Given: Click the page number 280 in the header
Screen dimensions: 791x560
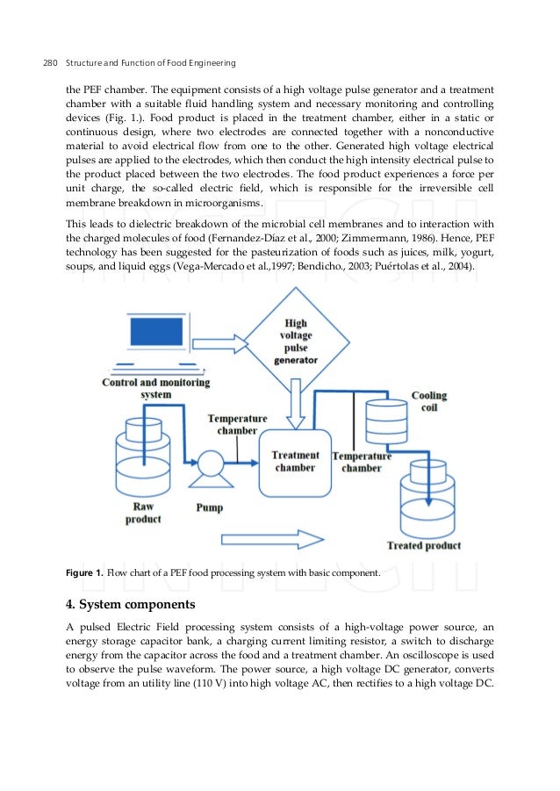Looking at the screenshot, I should click(x=50, y=62).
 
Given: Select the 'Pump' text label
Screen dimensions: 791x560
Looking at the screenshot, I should click(x=209, y=507).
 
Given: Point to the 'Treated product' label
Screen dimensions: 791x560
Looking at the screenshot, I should click(x=423, y=545).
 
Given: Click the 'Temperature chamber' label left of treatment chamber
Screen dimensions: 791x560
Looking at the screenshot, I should click(x=237, y=425).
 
